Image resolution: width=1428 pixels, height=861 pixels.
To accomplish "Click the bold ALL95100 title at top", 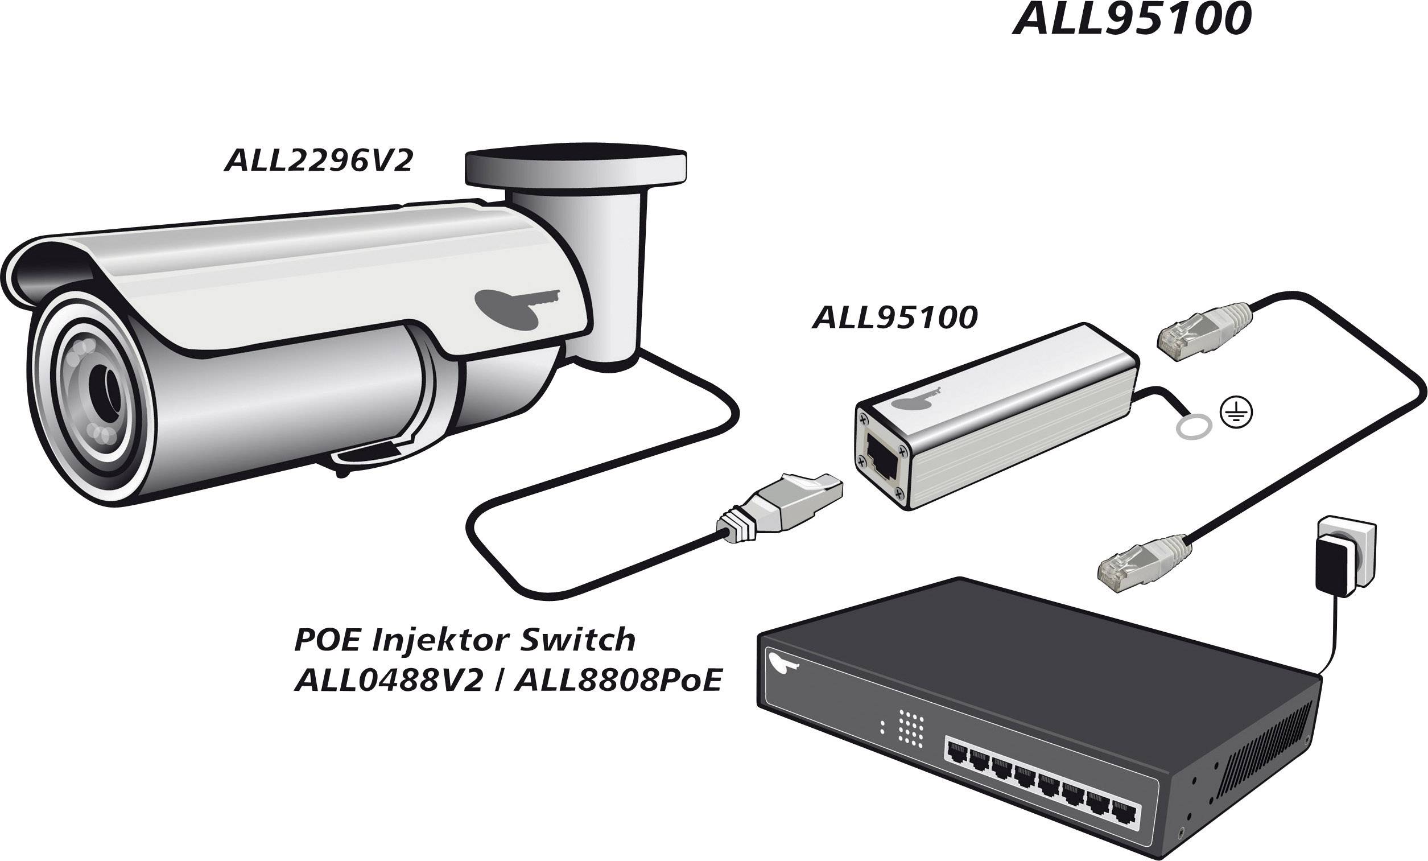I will [x=1132, y=20].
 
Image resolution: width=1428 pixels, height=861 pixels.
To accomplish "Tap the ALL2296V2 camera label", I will [x=318, y=160].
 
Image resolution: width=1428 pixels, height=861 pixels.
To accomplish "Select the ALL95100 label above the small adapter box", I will [x=895, y=318].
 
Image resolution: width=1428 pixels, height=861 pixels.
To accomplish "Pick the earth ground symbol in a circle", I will [x=1236, y=413].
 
